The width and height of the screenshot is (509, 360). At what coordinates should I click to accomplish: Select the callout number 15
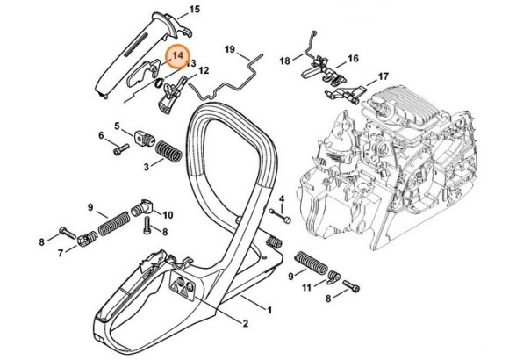(194, 10)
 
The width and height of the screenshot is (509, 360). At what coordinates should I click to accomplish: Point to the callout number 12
(204, 70)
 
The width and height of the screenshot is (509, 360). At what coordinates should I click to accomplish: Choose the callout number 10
(168, 214)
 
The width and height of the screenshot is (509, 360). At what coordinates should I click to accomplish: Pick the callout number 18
(285, 61)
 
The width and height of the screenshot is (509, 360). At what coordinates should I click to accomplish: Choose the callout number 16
(353, 59)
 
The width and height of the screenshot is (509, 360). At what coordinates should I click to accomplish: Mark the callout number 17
(384, 77)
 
